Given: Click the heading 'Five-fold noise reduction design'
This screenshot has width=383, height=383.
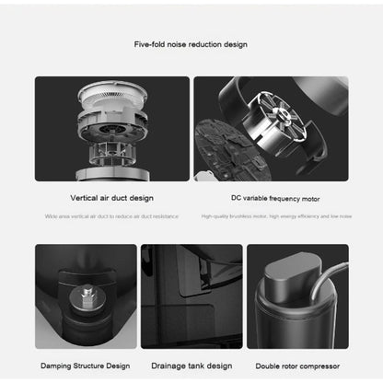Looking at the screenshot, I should point(191,44).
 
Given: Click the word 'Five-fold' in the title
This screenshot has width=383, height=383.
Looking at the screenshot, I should point(151,44).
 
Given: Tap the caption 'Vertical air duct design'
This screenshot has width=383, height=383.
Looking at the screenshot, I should point(111,197).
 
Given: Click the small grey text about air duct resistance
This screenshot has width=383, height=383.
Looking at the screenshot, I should point(111,216).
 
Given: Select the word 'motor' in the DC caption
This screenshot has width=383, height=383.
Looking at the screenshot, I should point(308,197).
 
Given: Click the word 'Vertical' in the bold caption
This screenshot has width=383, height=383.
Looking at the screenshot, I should point(86,197).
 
